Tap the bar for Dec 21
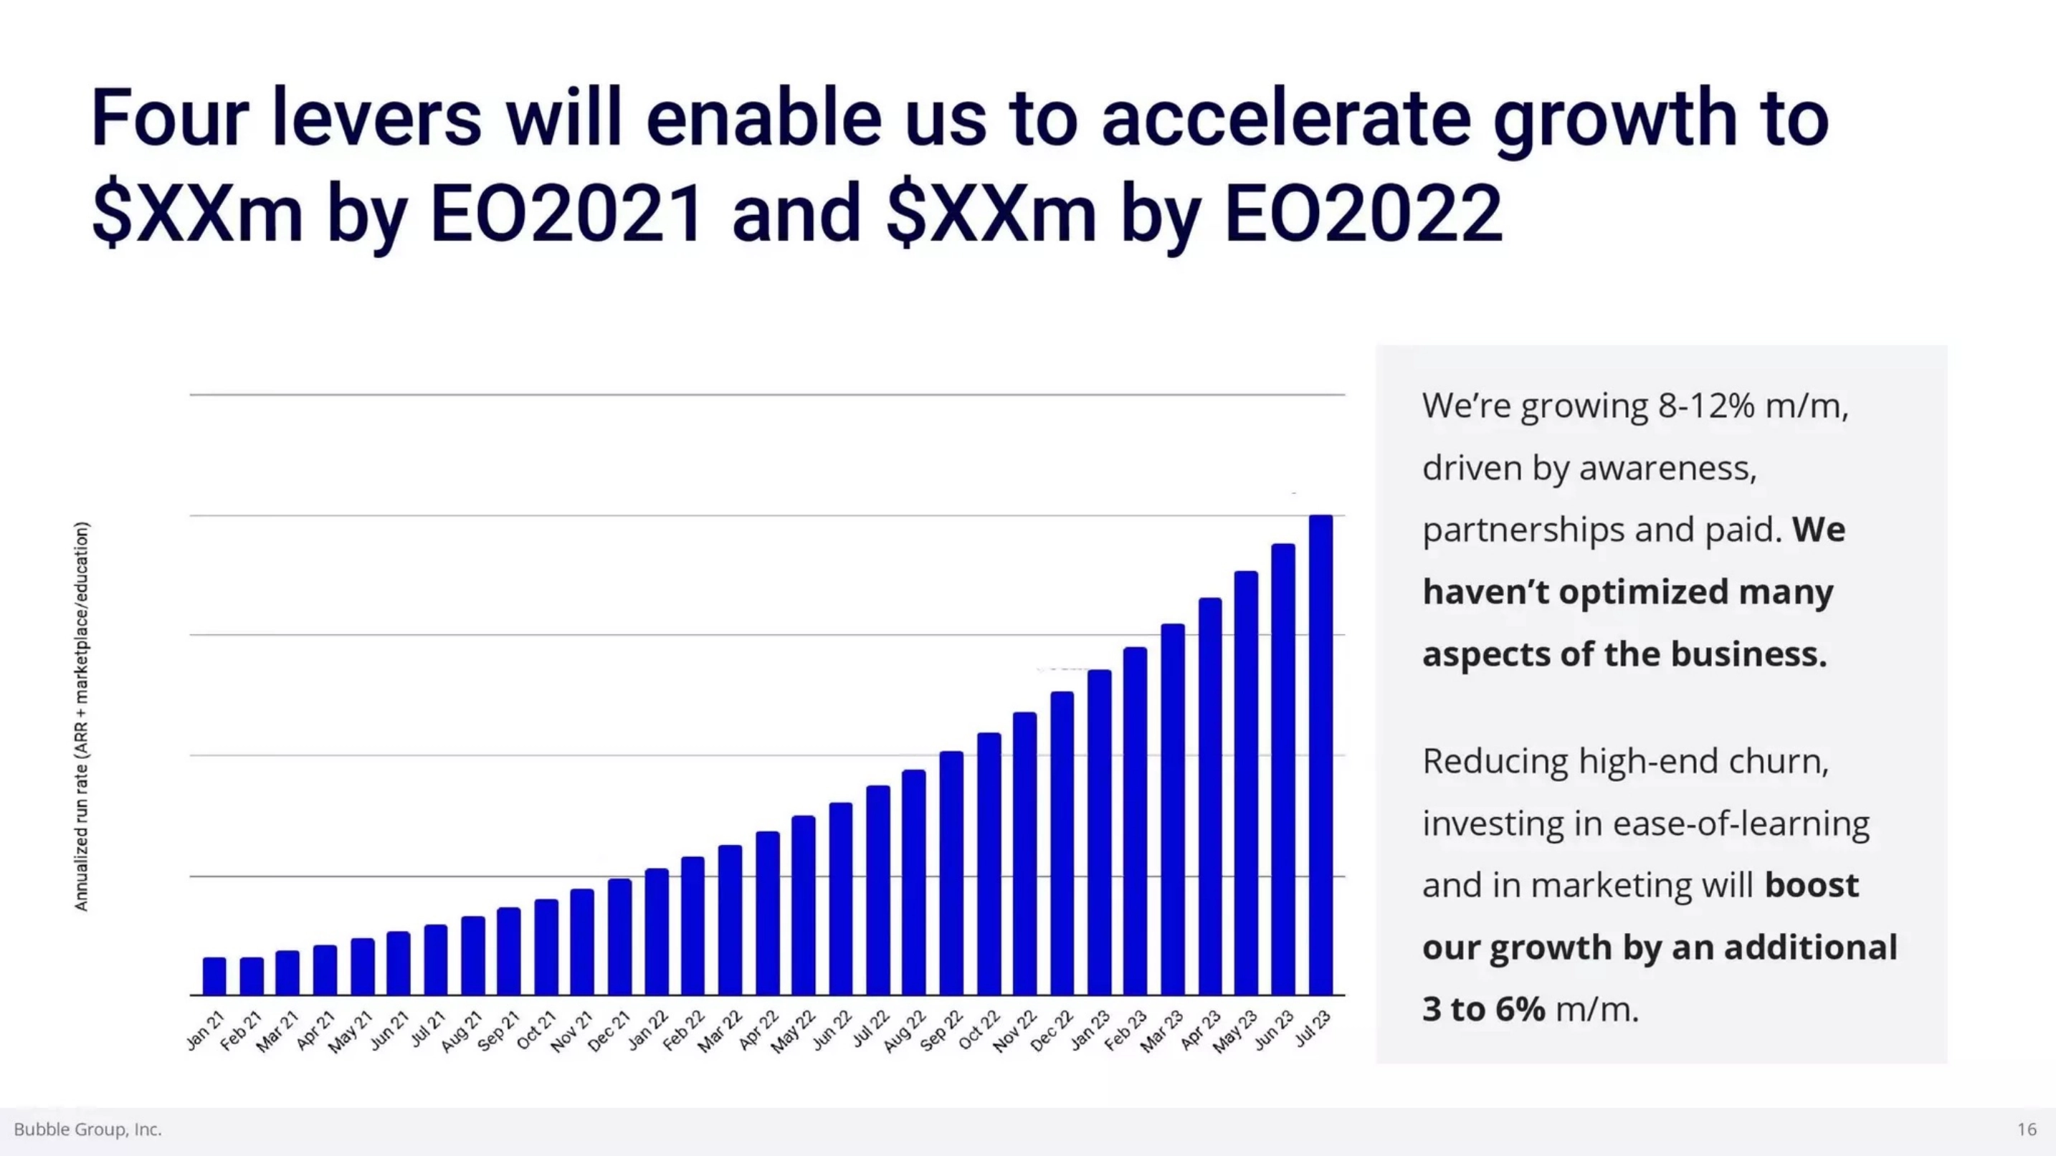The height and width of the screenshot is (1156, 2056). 619,937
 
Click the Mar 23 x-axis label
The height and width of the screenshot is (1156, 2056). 1162,1031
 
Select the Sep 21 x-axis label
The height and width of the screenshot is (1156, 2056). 500,1031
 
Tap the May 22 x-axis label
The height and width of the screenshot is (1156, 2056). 794,1031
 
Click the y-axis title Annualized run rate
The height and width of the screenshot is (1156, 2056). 82,716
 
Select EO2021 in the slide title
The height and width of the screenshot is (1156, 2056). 566,213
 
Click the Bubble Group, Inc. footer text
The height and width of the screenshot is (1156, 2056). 87,1129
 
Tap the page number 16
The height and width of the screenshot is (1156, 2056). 2027,1129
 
